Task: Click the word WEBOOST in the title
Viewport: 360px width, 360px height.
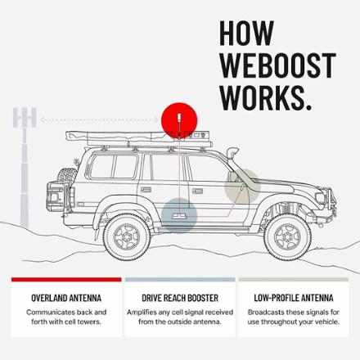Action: pyautogui.click(x=277, y=65)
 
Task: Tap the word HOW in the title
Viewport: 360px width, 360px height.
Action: pyautogui.click(x=246, y=33)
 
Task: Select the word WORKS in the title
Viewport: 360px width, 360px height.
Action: pyautogui.click(x=263, y=97)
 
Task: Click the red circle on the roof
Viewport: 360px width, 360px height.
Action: pyautogui.click(x=179, y=120)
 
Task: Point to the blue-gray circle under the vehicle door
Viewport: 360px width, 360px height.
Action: pyautogui.click(x=179, y=215)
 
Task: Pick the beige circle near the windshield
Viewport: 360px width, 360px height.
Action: pyautogui.click(x=242, y=187)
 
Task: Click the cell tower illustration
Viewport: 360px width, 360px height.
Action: pyautogui.click(x=25, y=167)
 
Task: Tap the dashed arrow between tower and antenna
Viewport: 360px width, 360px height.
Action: pyautogui.click(x=99, y=119)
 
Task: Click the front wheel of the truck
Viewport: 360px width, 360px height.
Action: pyautogui.click(x=287, y=236)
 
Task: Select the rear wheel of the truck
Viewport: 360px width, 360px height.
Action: pyautogui.click(x=127, y=236)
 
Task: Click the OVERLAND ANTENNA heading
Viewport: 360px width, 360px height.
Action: pyautogui.click(x=66, y=298)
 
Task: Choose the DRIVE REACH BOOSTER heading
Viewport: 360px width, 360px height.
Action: pyautogui.click(x=180, y=298)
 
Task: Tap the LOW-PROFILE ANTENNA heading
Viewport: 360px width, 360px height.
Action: pyautogui.click(x=294, y=298)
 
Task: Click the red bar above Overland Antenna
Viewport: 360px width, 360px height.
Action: pyautogui.click(x=66, y=280)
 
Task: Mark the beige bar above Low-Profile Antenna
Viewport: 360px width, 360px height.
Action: pyautogui.click(x=294, y=280)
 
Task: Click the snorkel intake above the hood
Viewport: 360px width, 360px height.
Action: pyautogui.click(x=233, y=152)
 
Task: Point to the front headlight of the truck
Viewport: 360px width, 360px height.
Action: pyautogui.click(x=320, y=197)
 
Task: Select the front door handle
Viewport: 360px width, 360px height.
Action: pyautogui.click(x=197, y=191)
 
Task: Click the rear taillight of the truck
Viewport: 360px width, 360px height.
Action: pyautogui.click(x=54, y=197)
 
